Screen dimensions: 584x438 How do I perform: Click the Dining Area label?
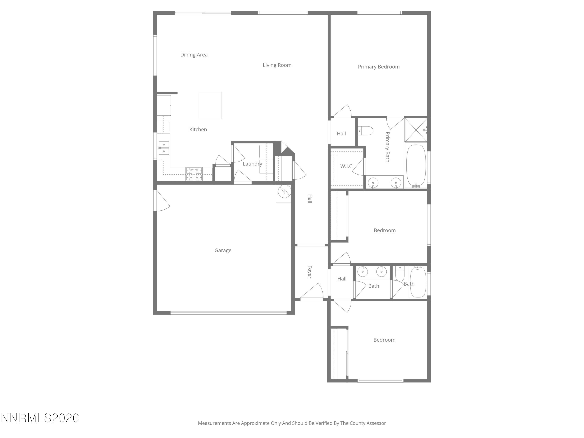tap(194, 55)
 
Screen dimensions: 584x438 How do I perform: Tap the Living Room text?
tap(277, 65)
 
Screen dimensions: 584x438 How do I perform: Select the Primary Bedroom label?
tap(379, 67)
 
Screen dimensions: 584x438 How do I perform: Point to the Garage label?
tap(223, 250)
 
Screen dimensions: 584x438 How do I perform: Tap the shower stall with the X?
tap(416, 130)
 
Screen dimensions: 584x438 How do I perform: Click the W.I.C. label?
tap(347, 166)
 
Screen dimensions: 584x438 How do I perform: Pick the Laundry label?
tap(252, 164)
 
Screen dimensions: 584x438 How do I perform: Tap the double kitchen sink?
tap(164, 148)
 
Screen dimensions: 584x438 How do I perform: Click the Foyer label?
tap(310, 272)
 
